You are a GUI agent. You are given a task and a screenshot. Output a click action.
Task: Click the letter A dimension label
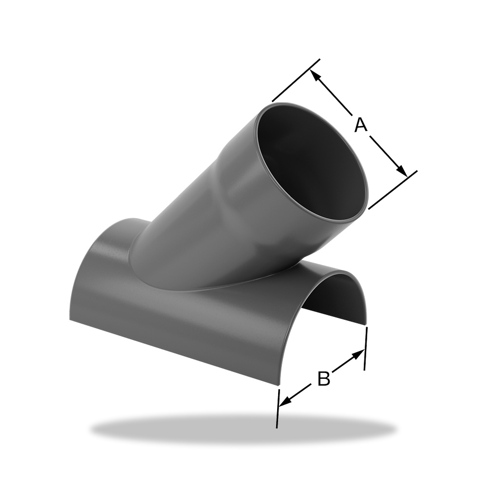point(361,125)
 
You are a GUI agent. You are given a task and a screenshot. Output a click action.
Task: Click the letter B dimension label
point(324,378)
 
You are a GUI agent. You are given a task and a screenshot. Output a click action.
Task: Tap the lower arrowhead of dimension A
point(402,171)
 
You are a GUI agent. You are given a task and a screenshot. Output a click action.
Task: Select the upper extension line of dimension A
point(296,80)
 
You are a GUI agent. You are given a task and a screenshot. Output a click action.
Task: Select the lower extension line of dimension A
point(393,190)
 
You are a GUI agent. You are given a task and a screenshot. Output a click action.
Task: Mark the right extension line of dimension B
point(366,348)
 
